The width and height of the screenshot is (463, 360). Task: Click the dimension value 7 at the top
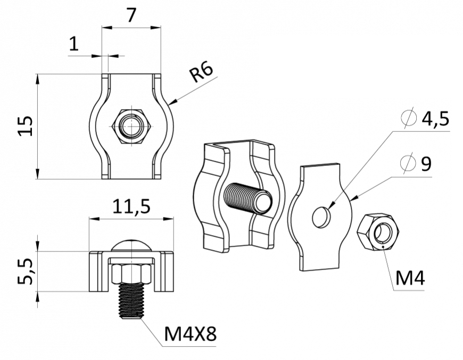pyautogui.click(x=131, y=15)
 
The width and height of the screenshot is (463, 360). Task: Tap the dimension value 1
pyautogui.click(x=74, y=44)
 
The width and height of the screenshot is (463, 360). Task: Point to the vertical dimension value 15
pyautogui.click(x=25, y=125)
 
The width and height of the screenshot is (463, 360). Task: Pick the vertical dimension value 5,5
pyautogui.click(x=25, y=271)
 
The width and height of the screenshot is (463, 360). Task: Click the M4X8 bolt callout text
pyautogui.click(x=190, y=334)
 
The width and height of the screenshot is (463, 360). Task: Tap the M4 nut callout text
pyautogui.click(x=410, y=278)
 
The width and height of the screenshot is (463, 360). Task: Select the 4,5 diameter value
pyautogui.click(x=435, y=119)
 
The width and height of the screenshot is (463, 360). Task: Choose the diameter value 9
pyautogui.click(x=426, y=164)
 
